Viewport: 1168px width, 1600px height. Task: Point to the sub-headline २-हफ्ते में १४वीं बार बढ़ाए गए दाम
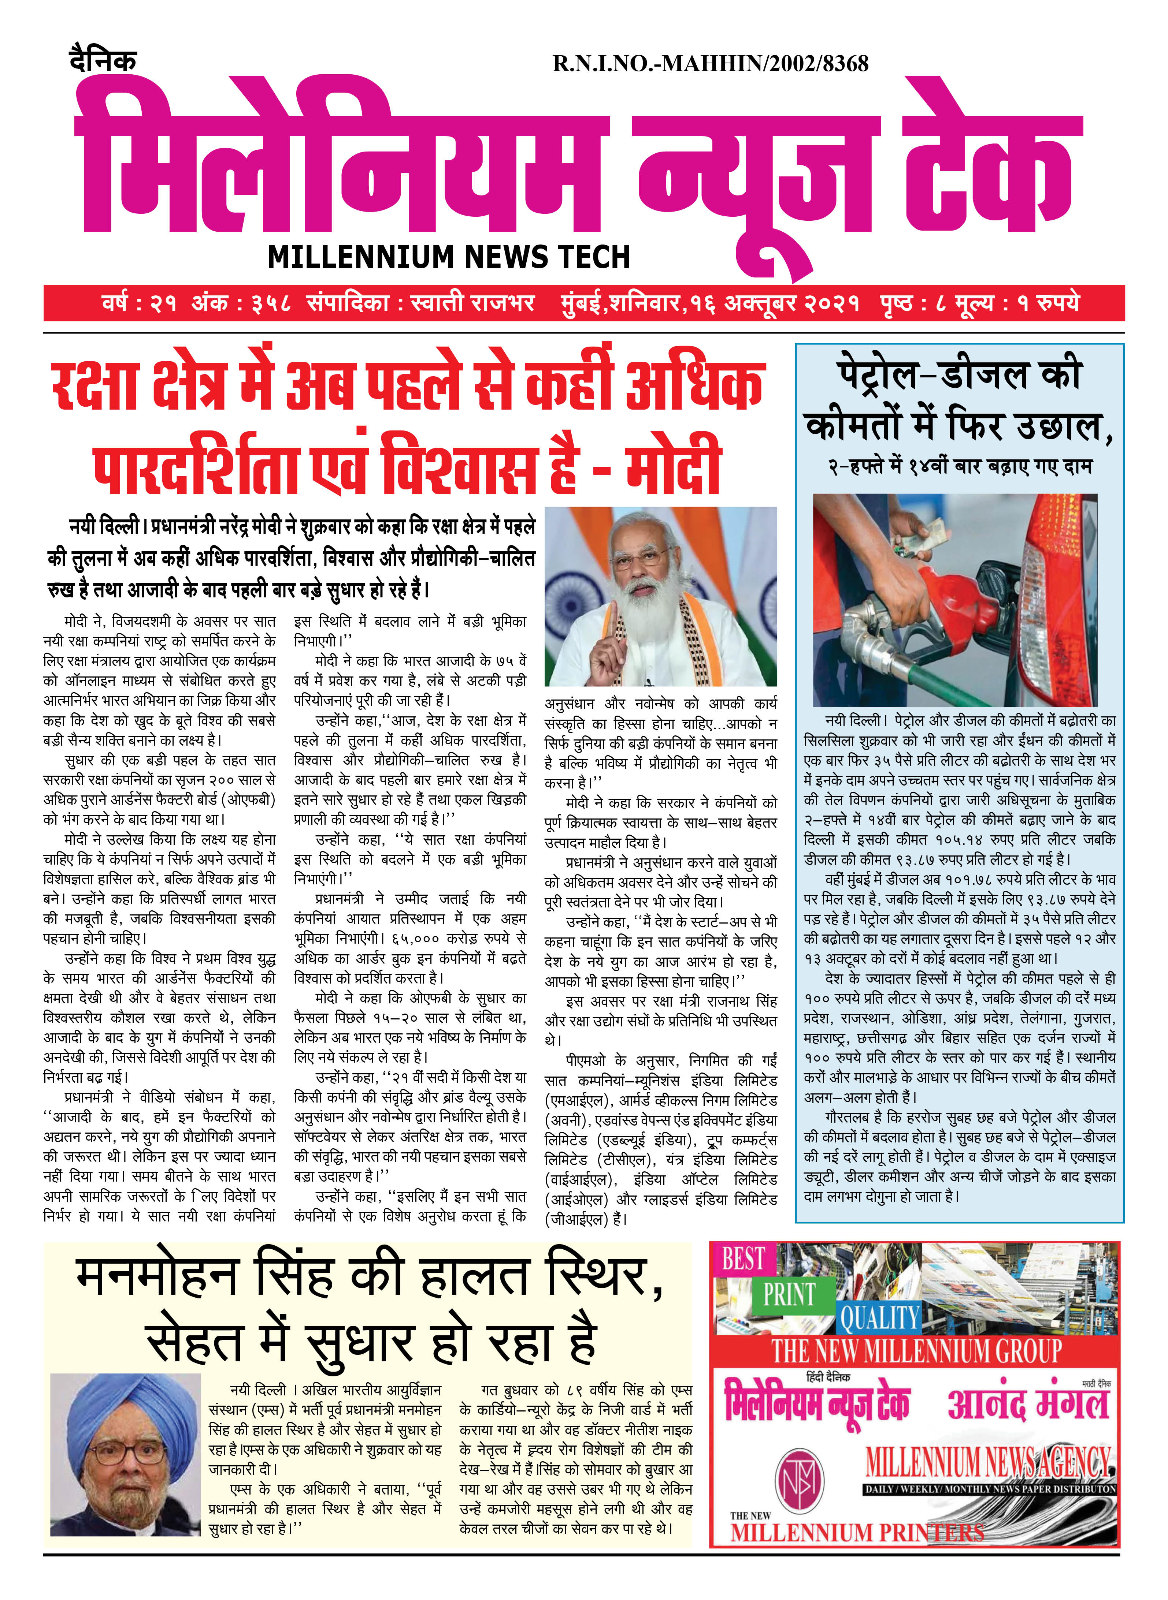[x=960, y=466]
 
